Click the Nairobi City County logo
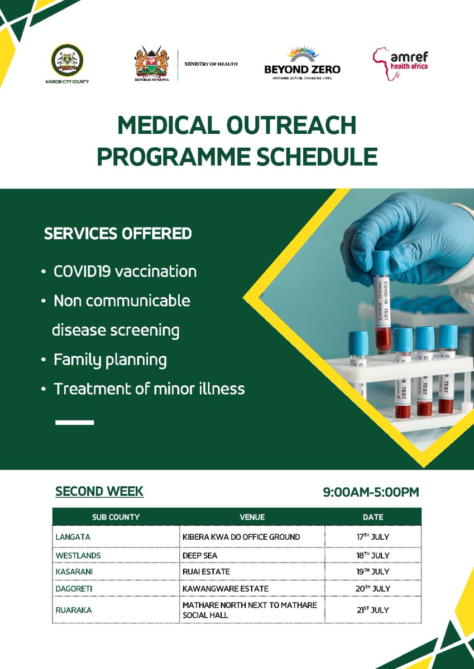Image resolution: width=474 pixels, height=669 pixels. [x=67, y=61]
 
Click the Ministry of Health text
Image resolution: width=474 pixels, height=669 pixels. [x=211, y=64]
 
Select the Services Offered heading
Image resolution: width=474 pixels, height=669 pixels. [x=118, y=234]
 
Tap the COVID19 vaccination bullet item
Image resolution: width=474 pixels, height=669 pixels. [x=125, y=272]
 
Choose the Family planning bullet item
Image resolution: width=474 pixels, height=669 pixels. [x=109, y=360]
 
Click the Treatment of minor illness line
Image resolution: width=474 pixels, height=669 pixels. [x=149, y=389]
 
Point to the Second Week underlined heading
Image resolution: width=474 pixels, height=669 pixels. [x=99, y=491]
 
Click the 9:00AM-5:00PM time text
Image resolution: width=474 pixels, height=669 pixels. [x=371, y=492]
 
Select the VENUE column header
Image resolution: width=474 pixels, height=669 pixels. [x=252, y=517]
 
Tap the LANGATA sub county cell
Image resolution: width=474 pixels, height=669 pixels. [x=73, y=537]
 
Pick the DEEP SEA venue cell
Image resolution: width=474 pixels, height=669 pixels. [x=200, y=555]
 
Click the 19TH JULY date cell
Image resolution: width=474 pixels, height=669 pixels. [x=372, y=571]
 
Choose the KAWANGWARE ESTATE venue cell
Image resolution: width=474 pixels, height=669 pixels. [x=226, y=588]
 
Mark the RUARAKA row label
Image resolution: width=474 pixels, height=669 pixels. [x=74, y=610]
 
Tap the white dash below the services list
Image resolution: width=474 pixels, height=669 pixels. [x=75, y=422]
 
